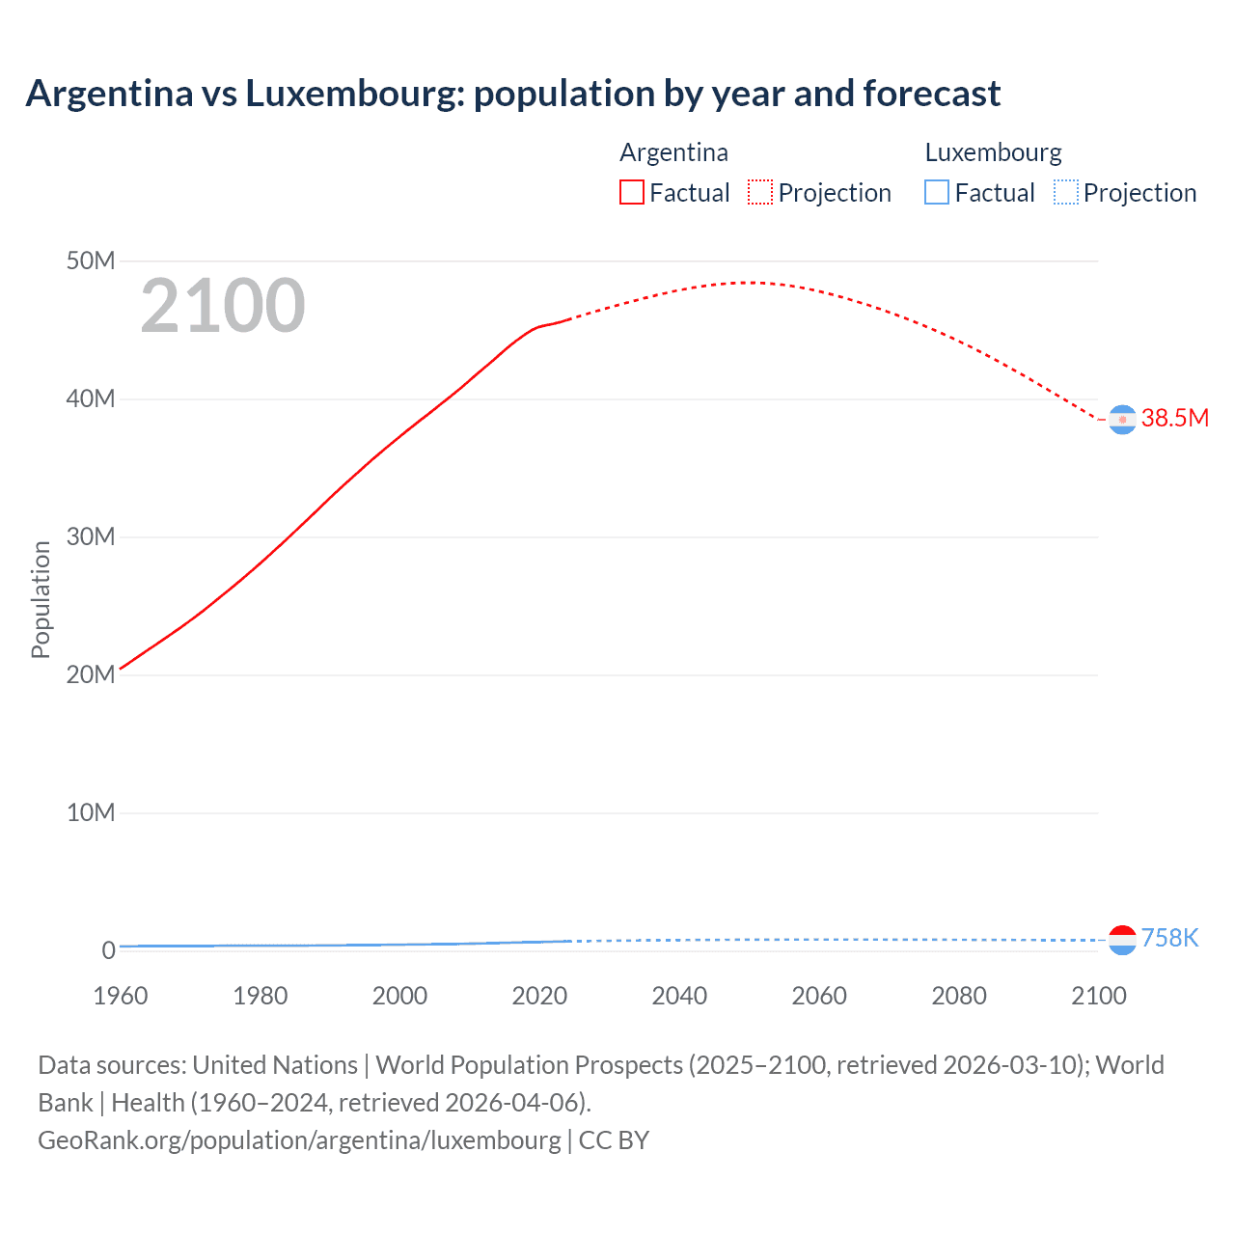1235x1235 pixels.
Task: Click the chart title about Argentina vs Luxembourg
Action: [x=512, y=94]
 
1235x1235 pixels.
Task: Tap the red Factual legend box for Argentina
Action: [x=632, y=192]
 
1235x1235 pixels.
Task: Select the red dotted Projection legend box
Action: [x=760, y=192]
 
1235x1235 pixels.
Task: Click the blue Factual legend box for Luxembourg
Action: [x=937, y=192]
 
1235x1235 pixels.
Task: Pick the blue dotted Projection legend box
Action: [x=1066, y=192]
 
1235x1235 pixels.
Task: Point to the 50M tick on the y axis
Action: [x=91, y=261]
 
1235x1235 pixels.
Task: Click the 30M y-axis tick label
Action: [x=91, y=536]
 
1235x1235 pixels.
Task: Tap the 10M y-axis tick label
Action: [x=91, y=812]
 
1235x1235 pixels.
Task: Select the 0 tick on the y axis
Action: [x=108, y=950]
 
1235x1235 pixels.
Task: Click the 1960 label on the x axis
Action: [x=121, y=996]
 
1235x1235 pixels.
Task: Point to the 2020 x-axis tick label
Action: [x=539, y=996]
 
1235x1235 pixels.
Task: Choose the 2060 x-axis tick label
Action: [x=819, y=996]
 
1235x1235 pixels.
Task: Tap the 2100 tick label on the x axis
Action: [x=1098, y=996]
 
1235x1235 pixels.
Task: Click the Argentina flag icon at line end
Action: [x=1122, y=420]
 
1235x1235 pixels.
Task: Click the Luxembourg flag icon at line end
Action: [x=1122, y=940]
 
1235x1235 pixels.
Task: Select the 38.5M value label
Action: [x=1174, y=418]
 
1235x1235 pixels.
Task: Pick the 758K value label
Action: [x=1169, y=938]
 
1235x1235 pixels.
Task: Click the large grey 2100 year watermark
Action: [x=223, y=306]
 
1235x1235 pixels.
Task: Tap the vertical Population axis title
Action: [x=41, y=599]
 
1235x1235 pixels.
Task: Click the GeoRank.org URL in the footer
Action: [x=299, y=1140]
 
